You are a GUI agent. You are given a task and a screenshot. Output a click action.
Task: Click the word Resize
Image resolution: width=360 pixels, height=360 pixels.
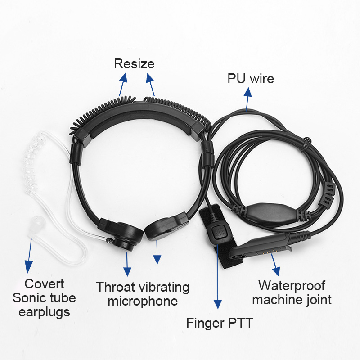click(x=134, y=63)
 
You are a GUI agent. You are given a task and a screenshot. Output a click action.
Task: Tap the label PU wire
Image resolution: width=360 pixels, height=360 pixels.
click(x=251, y=78)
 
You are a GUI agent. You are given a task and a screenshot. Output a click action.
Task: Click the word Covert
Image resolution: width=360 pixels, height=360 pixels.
click(x=44, y=284)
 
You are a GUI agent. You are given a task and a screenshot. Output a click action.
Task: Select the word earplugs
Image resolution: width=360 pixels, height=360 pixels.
click(x=44, y=312)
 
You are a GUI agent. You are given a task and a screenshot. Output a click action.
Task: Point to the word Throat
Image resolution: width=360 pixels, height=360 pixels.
click(x=116, y=287)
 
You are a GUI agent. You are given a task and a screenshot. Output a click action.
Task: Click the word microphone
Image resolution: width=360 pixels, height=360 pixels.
click(x=143, y=301)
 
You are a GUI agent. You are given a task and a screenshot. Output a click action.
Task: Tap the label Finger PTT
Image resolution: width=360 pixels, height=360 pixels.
click(x=220, y=323)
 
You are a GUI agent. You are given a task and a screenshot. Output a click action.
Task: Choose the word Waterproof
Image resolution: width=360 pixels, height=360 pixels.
click(x=292, y=286)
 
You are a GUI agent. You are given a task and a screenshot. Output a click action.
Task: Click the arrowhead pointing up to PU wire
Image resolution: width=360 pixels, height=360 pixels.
click(x=248, y=92)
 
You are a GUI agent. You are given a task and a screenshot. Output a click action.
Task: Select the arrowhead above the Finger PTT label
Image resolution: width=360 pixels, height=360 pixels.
click(x=218, y=305)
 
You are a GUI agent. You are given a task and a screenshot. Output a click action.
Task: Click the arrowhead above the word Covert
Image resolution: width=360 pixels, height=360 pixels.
click(x=28, y=267)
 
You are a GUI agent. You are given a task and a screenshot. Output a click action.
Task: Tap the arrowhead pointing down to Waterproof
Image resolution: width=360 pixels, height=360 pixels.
click(x=276, y=271)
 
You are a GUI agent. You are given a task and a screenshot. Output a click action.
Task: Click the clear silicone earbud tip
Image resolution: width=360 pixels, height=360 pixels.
click(x=35, y=225)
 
